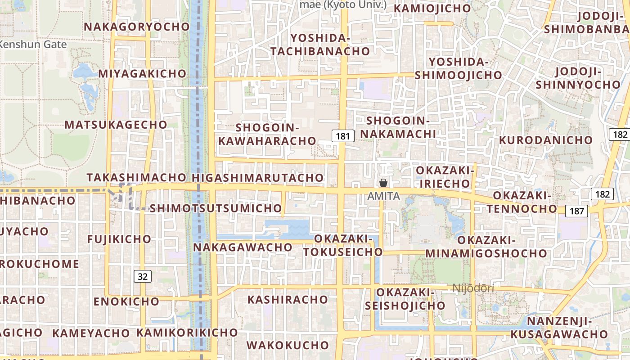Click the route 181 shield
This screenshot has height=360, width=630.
pyautogui.click(x=342, y=135)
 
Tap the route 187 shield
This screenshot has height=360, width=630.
pyautogui.click(x=577, y=211)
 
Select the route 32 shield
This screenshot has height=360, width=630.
pyautogui.click(x=142, y=276)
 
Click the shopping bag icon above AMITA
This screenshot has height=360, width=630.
pyautogui.click(x=383, y=183)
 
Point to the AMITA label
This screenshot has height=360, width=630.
pyautogui.click(x=383, y=196)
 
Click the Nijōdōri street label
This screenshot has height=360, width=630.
pyautogui.click(x=473, y=288)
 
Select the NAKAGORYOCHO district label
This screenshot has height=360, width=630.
pyautogui.click(x=137, y=27)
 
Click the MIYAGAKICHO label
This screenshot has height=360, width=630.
pyautogui.click(x=142, y=73)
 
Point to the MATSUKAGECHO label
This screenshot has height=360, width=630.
pyautogui.click(x=116, y=125)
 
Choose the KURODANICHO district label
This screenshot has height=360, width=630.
pyautogui.click(x=546, y=140)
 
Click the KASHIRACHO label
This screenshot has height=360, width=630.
pyautogui.click(x=288, y=300)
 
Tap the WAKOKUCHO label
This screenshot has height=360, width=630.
pyautogui.click(x=288, y=346)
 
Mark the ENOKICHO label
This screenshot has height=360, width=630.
pyautogui.click(x=126, y=301)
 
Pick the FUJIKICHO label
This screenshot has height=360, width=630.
pyautogui.click(x=119, y=239)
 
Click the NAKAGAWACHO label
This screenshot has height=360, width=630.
pyautogui.click(x=243, y=247)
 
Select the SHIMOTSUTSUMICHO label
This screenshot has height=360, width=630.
pyautogui.click(x=216, y=208)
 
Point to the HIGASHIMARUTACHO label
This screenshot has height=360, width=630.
pyautogui.click(x=258, y=178)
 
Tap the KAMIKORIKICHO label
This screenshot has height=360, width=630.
pyautogui.click(x=187, y=333)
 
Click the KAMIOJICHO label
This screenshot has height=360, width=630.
pyautogui.click(x=432, y=8)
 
